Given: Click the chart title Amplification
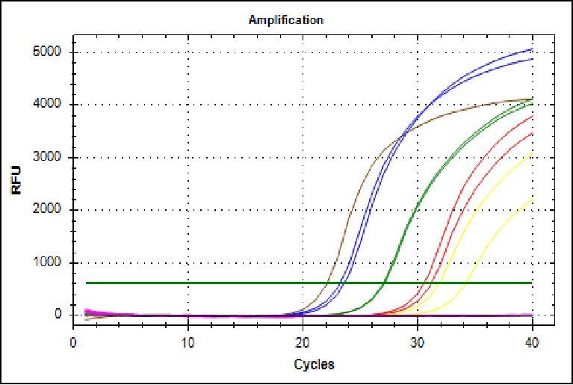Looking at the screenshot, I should [x=285, y=20].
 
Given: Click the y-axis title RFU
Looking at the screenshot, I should [x=16, y=180].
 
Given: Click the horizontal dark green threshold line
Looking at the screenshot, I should [x=224, y=283].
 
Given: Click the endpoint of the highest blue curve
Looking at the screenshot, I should [x=531, y=49].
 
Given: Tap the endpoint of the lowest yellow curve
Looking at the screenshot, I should [x=531, y=199].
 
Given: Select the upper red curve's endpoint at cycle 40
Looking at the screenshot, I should [x=531, y=116].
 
